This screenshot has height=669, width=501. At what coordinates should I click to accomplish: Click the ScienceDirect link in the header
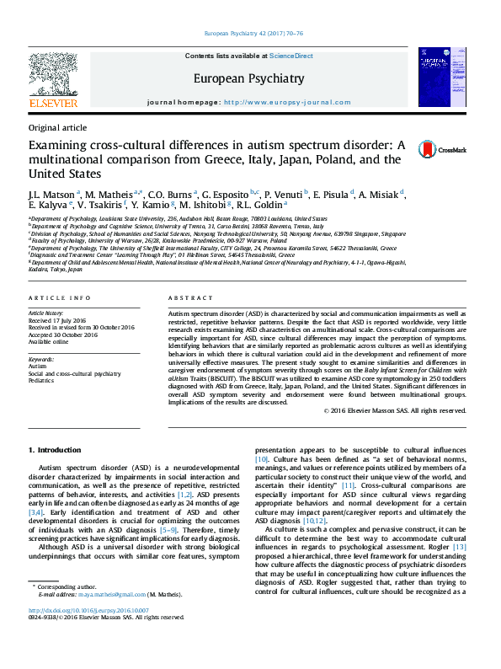(x=290, y=56)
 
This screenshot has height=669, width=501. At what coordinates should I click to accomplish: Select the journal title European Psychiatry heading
(x=248, y=78)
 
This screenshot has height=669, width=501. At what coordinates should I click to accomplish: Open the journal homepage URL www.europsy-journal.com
(x=286, y=102)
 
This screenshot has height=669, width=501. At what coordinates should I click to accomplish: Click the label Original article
(x=57, y=127)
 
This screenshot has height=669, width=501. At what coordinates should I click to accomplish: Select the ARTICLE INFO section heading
(x=59, y=299)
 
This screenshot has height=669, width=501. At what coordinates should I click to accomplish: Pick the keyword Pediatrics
(x=42, y=380)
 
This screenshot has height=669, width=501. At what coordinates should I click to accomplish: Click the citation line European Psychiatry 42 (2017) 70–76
(x=250, y=35)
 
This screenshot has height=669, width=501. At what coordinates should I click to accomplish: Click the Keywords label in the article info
(x=41, y=359)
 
